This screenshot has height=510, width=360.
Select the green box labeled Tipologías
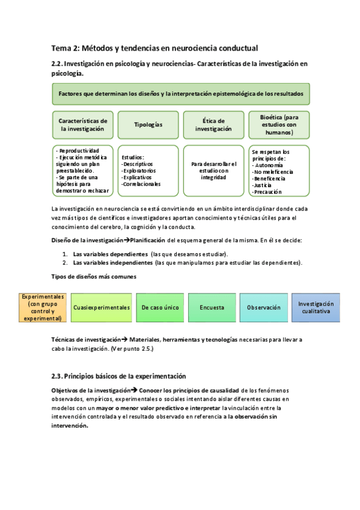(x=148, y=124)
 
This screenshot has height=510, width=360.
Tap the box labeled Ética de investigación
(x=213, y=124)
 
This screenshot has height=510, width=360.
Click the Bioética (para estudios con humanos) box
(x=279, y=124)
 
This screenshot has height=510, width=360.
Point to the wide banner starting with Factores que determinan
(x=181, y=94)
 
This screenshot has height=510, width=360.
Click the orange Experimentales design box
(x=43, y=307)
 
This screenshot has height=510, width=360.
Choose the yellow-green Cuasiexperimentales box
(x=102, y=307)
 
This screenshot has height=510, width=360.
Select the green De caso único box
(x=160, y=307)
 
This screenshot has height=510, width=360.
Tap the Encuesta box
(x=212, y=307)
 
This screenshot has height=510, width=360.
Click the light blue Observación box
(x=264, y=307)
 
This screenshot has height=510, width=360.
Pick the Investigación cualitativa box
(x=316, y=307)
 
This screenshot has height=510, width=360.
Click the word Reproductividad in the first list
(x=78, y=151)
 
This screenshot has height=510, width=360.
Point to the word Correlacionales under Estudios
(x=141, y=184)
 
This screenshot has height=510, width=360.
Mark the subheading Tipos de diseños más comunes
(x=94, y=277)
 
